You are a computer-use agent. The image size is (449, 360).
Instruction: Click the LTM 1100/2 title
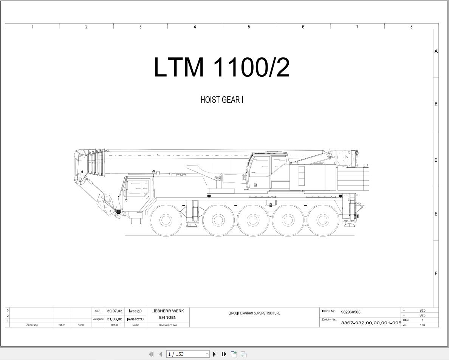pyautogui.click(x=222, y=67)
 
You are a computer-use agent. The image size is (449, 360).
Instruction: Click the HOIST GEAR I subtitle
pyautogui.click(x=222, y=100)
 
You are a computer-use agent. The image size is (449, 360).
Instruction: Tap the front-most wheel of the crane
pyautogui.click(x=165, y=220)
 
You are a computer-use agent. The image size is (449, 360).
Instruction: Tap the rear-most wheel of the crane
pyautogui.click(x=323, y=220)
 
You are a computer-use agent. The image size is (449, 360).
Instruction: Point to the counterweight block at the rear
pyautogui.click(x=353, y=179)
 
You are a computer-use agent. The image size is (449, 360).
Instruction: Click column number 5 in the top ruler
pyautogui.click(x=249, y=27)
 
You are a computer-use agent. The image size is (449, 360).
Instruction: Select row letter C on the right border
pyautogui.click(x=436, y=160)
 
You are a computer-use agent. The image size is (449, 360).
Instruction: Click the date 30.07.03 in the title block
pyautogui.click(x=115, y=311)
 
